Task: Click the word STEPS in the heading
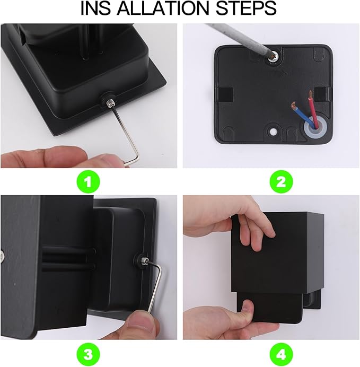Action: pyautogui.click(x=246, y=8)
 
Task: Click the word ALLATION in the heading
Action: pyautogui.click(x=163, y=8)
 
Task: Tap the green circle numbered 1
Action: pyautogui.click(x=89, y=182)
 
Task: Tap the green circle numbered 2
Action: pyautogui.click(x=281, y=182)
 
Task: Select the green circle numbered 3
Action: pyautogui.click(x=89, y=354)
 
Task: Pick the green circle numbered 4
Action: pyautogui.click(x=281, y=354)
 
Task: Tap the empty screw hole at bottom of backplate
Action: pyautogui.click(x=272, y=132)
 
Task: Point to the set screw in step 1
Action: pyautogui.click(x=109, y=103)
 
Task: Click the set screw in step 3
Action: pyautogui.click(x=145, y=260)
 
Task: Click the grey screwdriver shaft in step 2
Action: pyautogui.click(x=239, y=39)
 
